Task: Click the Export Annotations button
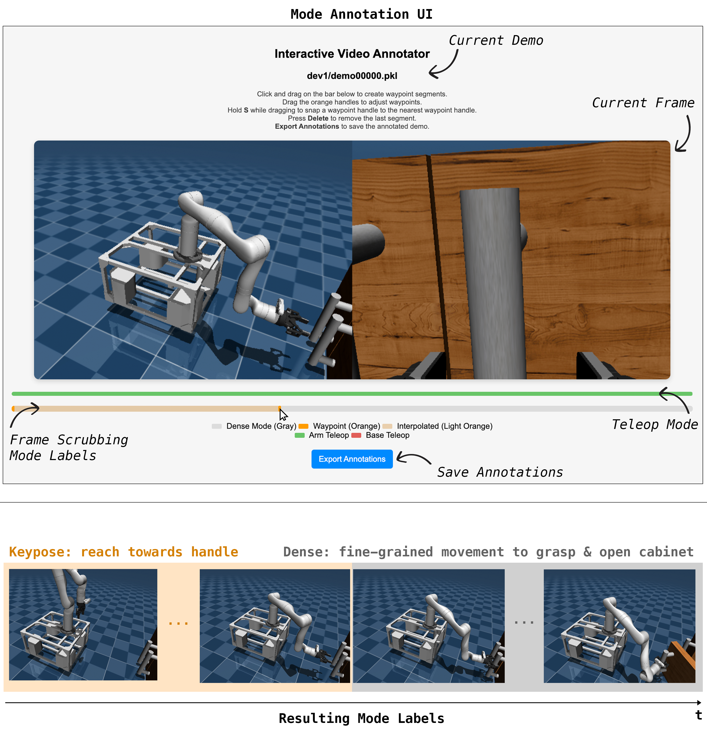point(352,459)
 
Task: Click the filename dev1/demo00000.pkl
point(352,76)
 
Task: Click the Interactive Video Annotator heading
point(352,54)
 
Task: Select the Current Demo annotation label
point(496,40)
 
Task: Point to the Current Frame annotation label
point(643,103)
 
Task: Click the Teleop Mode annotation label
point(655,424)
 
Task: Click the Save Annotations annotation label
point(500,472)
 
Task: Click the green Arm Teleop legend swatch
point(300,435)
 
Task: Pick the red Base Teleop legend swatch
point(356,435)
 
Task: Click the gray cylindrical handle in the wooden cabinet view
point(492,283)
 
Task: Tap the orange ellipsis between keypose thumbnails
point(178,623)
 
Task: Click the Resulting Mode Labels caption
point(361,718)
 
